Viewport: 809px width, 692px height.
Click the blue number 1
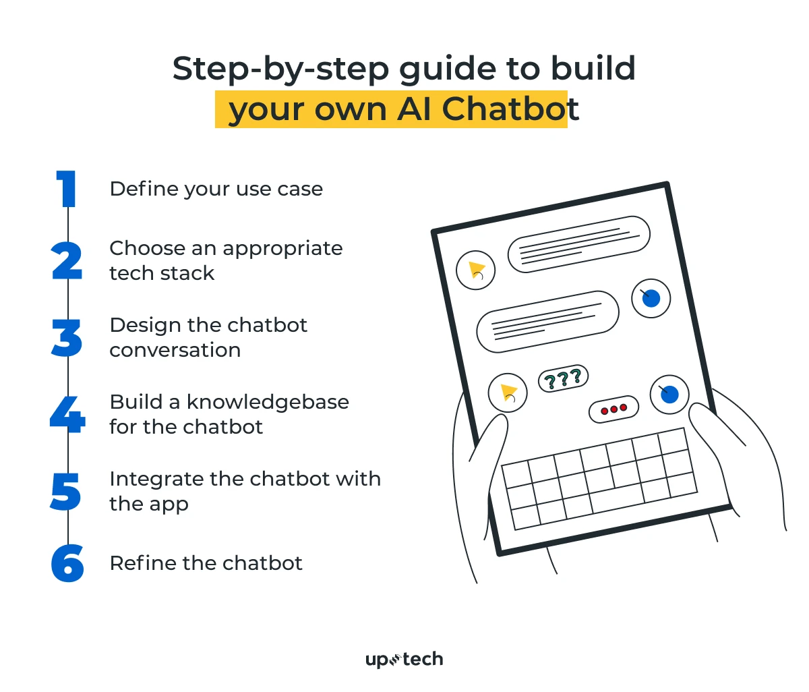coord(67,189)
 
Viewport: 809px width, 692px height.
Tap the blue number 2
coord(67,261)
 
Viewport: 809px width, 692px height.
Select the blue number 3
coord(67,338)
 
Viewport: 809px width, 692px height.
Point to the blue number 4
coord(67,414)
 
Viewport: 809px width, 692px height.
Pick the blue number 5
coord(66,492)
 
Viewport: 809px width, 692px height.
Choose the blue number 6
coord(67,563)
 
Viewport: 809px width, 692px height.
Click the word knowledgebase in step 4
coord(268,402)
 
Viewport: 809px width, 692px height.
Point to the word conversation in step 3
coord(175,350)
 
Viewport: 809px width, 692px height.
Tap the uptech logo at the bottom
coord(404,659)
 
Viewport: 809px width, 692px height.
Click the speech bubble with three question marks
coord(563,378)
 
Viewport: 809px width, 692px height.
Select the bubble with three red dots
coord(613,409)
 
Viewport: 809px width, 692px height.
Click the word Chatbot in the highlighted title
coord(510,109)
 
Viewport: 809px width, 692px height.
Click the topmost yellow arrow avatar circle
coord(476,270)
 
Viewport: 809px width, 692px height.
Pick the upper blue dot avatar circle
coord(651,297)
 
